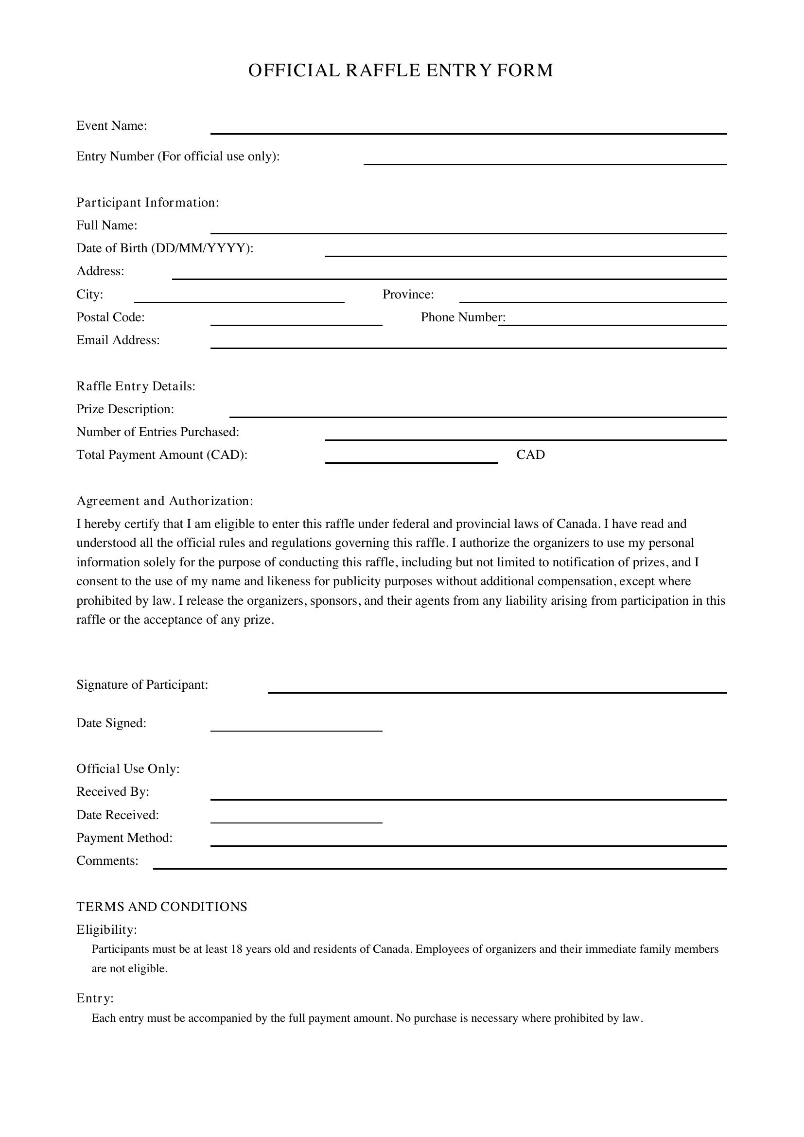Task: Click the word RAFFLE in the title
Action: [x=382, y=70]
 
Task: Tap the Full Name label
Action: [x=106, y=226]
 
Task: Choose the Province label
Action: [x=408, y=295]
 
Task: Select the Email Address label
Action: [x=118, y=340]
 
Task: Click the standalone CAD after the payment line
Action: [x=530, y=455]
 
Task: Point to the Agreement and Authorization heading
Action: [x=164, y=501]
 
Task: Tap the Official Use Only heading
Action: [x=128, y=769]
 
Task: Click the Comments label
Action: [x=107, y=861]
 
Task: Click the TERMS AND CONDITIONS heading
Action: [x=161, y=907]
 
